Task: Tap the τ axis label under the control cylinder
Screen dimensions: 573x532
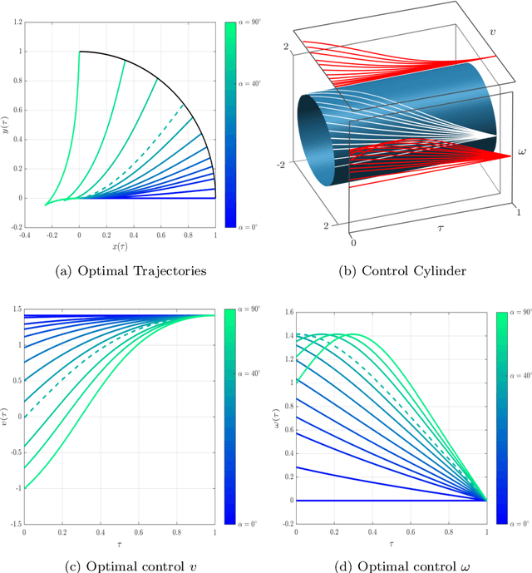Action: tap(431, 225)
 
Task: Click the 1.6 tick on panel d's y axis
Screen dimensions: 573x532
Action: tap(287, 313)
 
